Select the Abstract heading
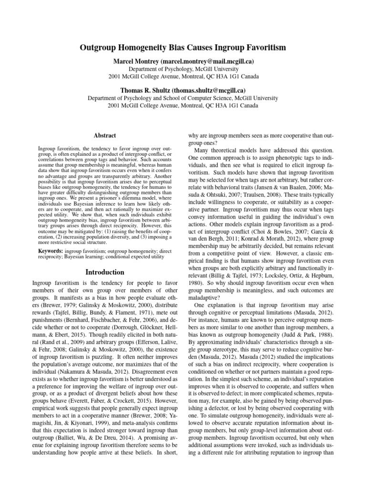[105, 136]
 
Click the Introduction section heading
[105, 272]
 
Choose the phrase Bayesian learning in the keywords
[73, 256]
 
